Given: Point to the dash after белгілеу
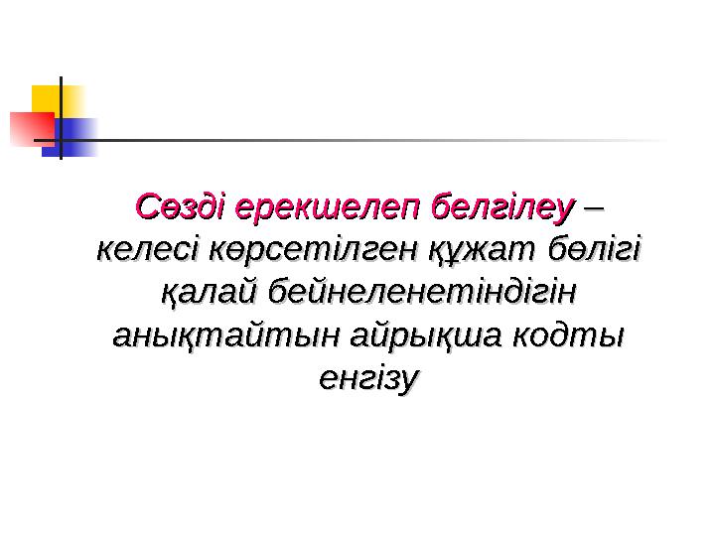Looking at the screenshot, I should coord(596,209).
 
